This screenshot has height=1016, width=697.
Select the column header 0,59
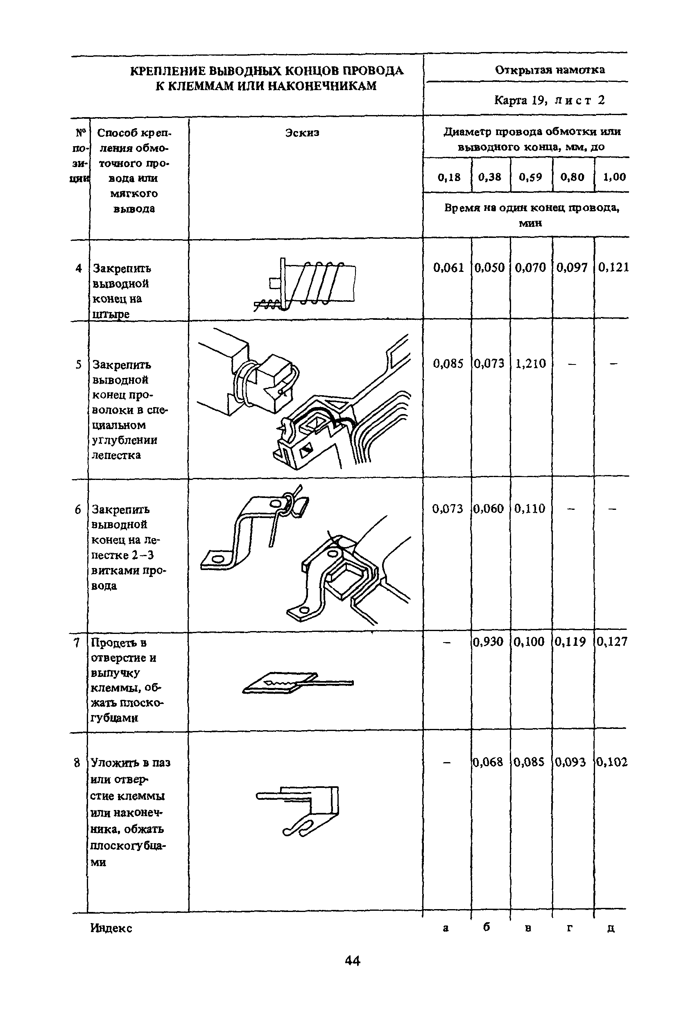(x=530, y=177)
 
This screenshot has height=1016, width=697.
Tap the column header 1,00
(x=614, y=177)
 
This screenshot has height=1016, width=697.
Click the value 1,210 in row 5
(x=530, y=364)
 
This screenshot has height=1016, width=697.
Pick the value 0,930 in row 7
(x=489, y=642)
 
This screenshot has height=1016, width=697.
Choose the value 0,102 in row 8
(x=612, y=763)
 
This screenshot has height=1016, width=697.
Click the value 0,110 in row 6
(x=530, y=509)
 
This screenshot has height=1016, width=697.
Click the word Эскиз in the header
(x=302, y=132)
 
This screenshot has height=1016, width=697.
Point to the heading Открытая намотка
(x=550, y=70)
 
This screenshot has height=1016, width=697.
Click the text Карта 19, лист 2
(x=549, y=101)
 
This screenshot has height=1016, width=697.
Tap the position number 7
(x=77, y=643)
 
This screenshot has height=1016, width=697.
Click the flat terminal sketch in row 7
(x=297, y=682)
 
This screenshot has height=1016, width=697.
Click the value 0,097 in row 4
(x=572, y=267)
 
